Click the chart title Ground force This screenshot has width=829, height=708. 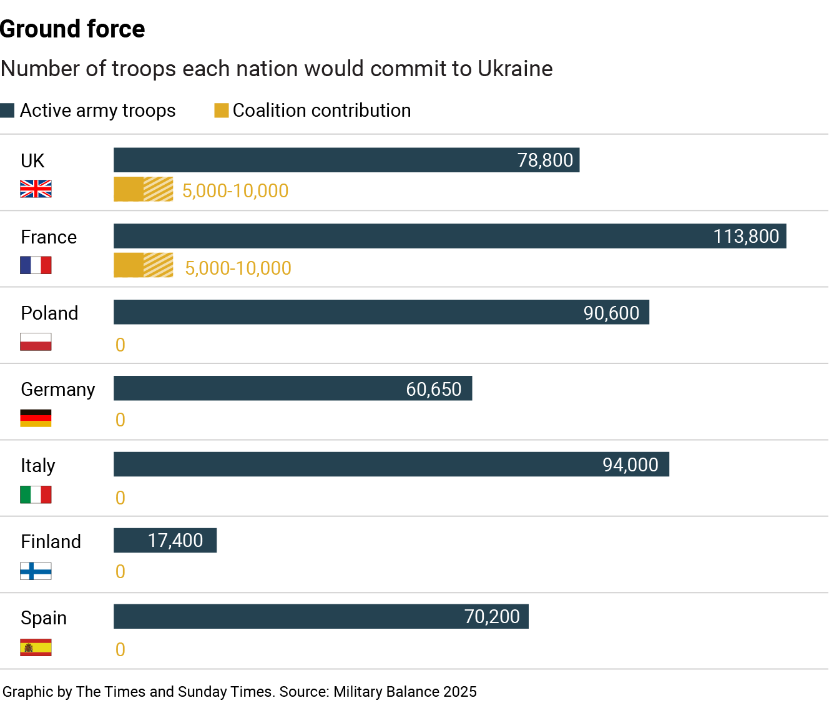click(x=72, y=29)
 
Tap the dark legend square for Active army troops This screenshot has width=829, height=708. click(x=7, y=111)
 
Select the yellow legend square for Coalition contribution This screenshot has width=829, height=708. click(x=221, y=111)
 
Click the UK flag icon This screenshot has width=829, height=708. click(x=36, y=189)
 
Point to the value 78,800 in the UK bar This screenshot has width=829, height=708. click(x=545, y=160)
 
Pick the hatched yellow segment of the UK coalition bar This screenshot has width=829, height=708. click(x=159, y=189)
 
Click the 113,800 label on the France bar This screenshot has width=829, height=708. click(x=746, y=237)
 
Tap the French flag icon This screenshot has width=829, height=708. click(x=36, y=265)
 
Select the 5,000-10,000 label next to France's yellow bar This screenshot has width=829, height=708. click(x=238, y=268)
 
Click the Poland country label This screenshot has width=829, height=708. click(x=49, y=313)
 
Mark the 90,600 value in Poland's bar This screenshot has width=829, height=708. click(x=611, y=313)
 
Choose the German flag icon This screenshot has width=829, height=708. click(x=36, y=418)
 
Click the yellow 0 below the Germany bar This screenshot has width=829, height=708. click(x=120, y=420)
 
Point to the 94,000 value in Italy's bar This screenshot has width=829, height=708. click(x=630, y=465)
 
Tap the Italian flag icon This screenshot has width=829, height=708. click(x=36, y=494)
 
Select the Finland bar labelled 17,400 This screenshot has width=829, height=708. click(x=165, y=541)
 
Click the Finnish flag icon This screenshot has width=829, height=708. click(x=36, y=571)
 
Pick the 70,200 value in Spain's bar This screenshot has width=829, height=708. click(x=492, y=617)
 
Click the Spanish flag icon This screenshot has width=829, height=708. click(x=36, y=647)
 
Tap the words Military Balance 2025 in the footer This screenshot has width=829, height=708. click(x=405, y=692)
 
